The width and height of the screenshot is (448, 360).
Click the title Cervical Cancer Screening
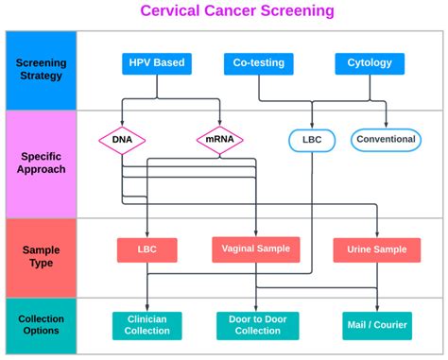point(223,11)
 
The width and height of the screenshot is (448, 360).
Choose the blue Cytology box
point(370,64)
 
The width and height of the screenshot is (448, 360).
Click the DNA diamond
point(122,140)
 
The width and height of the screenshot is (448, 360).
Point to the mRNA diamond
point(219,140)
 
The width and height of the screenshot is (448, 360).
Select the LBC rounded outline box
point(311,140)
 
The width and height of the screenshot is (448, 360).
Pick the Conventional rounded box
point(385,140)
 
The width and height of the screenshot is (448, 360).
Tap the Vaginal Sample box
point(257,249)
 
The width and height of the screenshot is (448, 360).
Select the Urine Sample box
point(376,249)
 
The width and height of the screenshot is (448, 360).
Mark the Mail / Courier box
point(375,325)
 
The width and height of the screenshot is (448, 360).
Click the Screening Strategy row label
point(41,70)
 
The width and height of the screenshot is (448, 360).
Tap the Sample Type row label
point(41,256)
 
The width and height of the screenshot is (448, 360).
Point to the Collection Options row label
point(41,325)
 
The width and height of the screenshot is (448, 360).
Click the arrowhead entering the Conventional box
point(385,126)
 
